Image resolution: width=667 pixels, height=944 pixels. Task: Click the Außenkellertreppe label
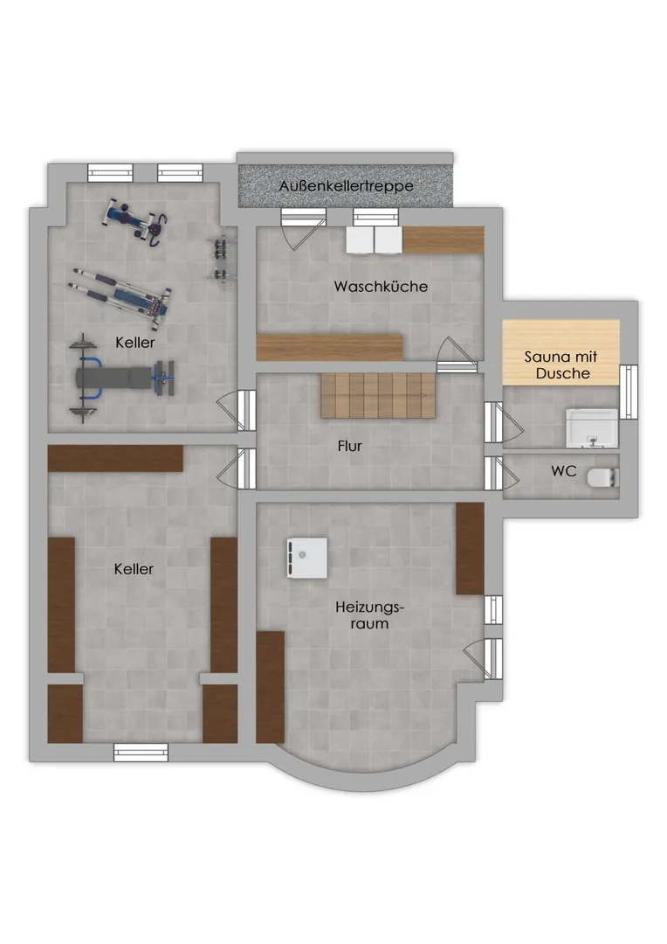tap(346, 186)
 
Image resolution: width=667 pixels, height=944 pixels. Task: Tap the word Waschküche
tap(381, 286)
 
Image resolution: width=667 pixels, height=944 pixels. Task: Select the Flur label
tap(349, 446)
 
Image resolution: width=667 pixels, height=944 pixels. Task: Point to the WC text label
tap(564, 471)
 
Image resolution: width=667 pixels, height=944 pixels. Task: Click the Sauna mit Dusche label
tap(561, 364)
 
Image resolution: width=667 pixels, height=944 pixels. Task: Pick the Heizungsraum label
tap(369, 614)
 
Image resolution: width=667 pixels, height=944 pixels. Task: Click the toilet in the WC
tap(602, 477)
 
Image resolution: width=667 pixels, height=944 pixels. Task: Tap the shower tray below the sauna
tap(592, 428)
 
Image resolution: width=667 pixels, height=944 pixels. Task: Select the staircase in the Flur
tap(378, 395)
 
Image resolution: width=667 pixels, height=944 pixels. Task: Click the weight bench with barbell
tap(122, 378)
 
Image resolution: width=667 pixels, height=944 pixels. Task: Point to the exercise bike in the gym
tap(136, 222)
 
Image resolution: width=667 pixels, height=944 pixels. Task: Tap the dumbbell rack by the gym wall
tap(219, 259)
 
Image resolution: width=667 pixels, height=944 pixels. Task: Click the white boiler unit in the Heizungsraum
tap(307, 558)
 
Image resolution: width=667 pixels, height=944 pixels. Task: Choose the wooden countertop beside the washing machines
tap(444, 239)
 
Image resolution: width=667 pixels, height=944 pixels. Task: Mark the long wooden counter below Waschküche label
tap(330, 347)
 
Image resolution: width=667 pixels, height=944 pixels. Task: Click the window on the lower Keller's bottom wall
tap(141, 753)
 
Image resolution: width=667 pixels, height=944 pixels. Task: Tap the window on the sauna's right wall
tap(629, 392)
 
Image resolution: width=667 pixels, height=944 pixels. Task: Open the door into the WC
tap(500, 473)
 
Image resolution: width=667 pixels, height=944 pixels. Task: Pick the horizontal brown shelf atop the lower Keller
tap(115, 458)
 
